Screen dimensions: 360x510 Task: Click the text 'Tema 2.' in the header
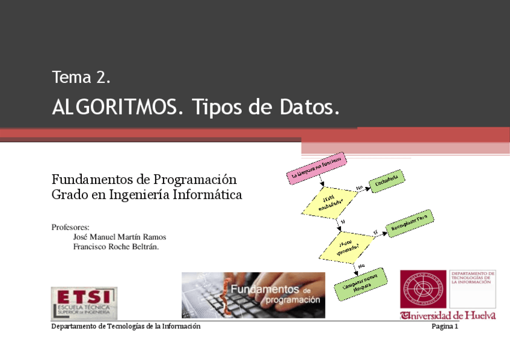(x=81, y=78)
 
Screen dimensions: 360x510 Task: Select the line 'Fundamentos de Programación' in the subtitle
(x=144, y=179)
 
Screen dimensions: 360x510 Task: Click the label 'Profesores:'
(x=70, y=227)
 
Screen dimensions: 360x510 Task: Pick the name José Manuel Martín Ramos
(x=119, y=237)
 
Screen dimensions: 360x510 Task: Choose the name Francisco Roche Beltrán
(x=115, y=246)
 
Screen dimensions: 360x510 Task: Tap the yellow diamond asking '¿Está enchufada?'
(x=328, y=203)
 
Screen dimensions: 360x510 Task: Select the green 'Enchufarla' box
(x=387, y=181)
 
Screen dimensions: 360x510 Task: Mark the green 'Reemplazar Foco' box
(x=412, y=223)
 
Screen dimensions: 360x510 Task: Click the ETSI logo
(x=84, y=303)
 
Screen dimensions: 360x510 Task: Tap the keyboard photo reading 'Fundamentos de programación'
(x=253, y=295)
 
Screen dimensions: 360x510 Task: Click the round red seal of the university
(x=423, y=289)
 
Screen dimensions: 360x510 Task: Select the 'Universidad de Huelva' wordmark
(x=448, y=316)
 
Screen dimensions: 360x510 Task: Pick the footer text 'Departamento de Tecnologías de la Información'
(x=126, y=326)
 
